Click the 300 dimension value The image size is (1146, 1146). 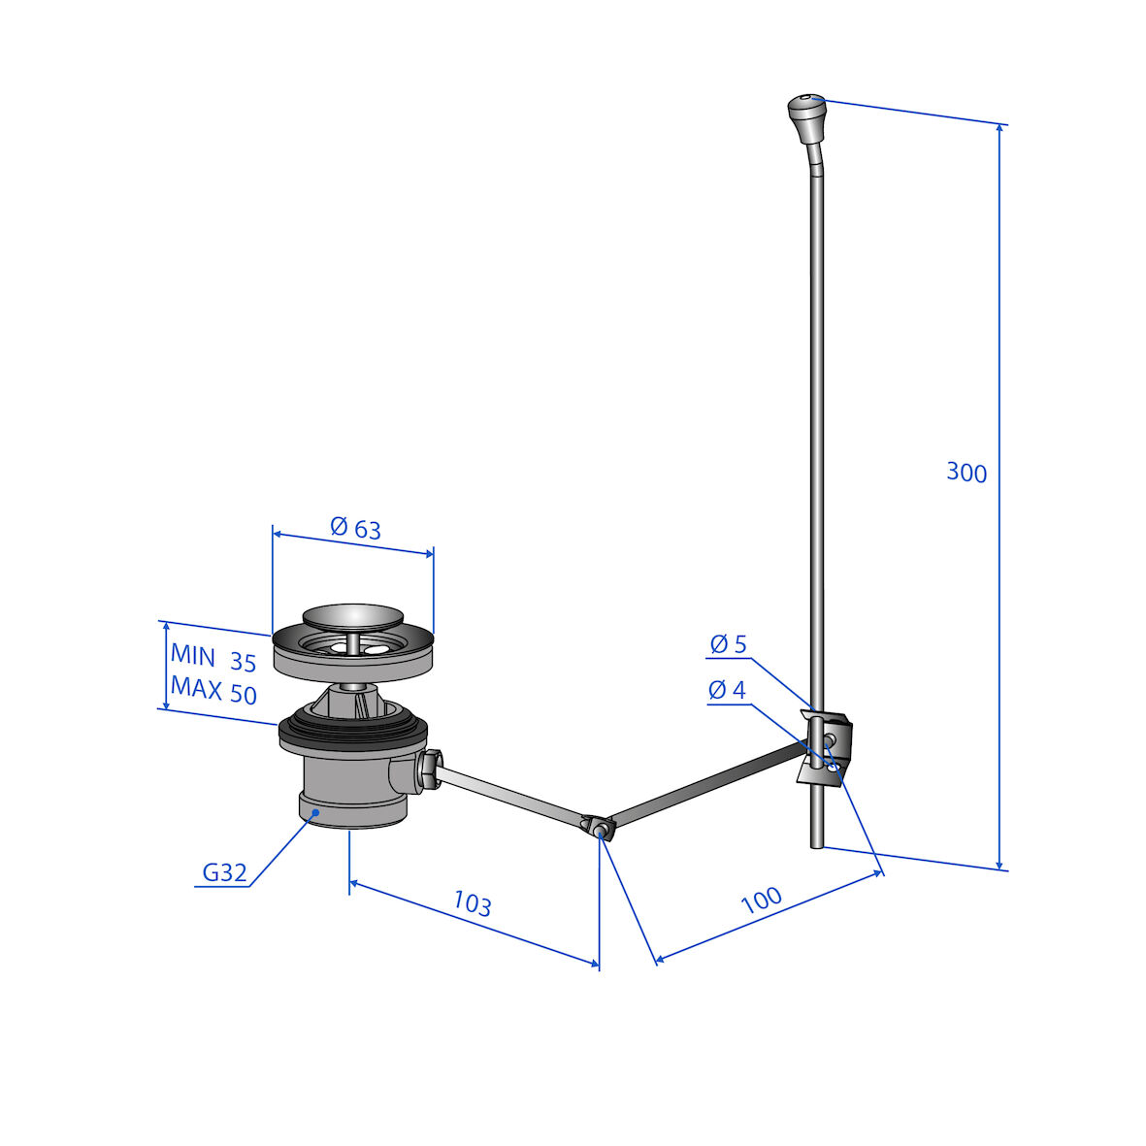click(966, 473)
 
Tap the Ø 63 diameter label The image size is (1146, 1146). click(355, 527)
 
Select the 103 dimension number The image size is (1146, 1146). click(473, 903)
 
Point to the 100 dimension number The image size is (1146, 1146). click(762, 900)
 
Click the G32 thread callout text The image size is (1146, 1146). click(224, 872)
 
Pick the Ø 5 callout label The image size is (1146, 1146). click(728, 644)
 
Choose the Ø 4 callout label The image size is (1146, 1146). click(727, 689)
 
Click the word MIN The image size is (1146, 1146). click(193, 656)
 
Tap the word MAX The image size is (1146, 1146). click(196, 688)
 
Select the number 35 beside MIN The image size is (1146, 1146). click(244, 662)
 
